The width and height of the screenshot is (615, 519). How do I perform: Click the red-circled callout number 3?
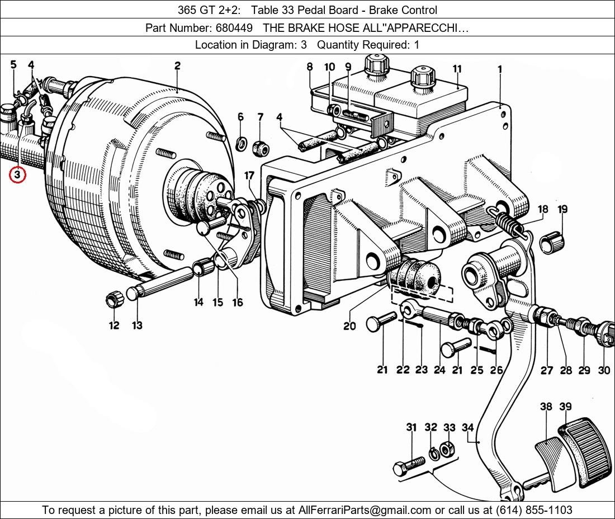(17, 175)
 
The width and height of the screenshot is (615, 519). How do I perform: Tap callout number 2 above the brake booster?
(177, 65)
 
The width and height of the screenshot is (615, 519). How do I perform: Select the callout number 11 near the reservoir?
(457, 69)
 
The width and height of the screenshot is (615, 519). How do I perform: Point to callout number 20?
(349, 325)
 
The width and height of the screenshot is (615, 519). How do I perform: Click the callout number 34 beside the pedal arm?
(467, 428)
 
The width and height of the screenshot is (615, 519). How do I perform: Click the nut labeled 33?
(446, 449)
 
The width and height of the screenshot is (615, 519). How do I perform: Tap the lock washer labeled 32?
(432, 451)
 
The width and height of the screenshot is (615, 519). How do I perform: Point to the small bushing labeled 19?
(553, 242)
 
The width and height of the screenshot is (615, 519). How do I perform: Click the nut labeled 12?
(114, 300)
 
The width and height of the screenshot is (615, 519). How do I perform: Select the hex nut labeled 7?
(260, 148)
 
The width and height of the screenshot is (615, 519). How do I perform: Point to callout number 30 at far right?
(604, 370)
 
